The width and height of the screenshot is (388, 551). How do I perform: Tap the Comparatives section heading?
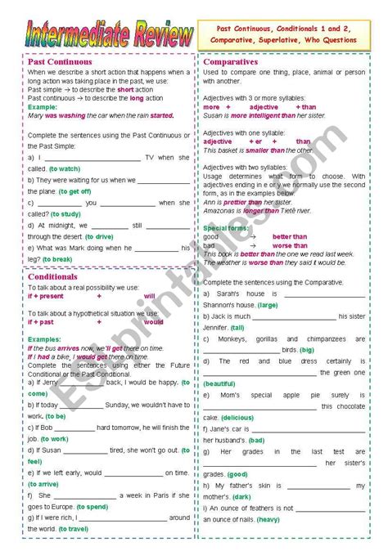tap(231, 61)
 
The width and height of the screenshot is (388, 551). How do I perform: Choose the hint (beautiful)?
tap(219, 383)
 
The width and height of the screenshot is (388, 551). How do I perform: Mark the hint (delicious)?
tap(237, 417)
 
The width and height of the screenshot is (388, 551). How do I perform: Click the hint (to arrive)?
tap(47, 484)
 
